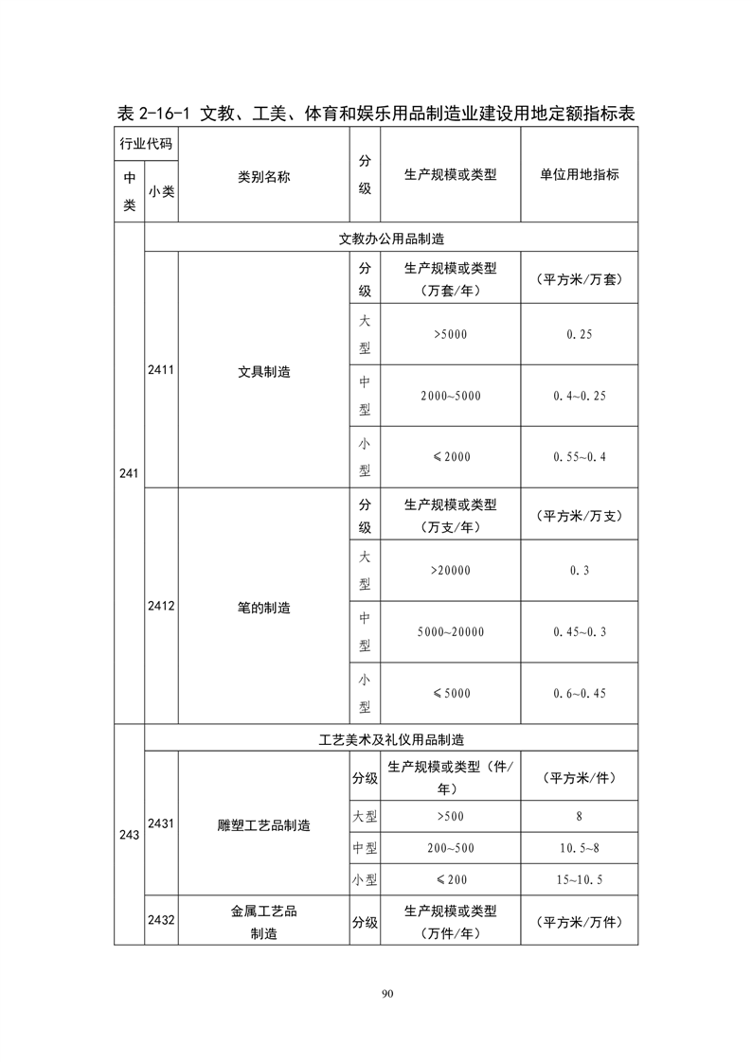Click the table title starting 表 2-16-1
pyautogui.click(x=375, y=114)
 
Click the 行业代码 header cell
pyautogui.click(x=145, y=143)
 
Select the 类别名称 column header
pyautogui.click(x=263, y=175)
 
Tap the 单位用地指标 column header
pyautogui.click(x=579, y=175)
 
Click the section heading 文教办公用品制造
pyautogui.click(x=391, y=239)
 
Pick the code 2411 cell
pyautogui.click(x=160, y=371)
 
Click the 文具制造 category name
pyautogui.click(x=263, y=371)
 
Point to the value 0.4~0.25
pyautogui.click(x=579, y=396)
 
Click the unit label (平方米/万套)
pyautogui.click(x=579, y=280)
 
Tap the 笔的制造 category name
pyautogui.click(x=263, y=608)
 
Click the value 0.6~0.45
pyautogui.click(x=579, y=693)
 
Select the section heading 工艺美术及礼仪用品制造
pyautogui.click(x=391, y=739)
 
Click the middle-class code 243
pyautogui.click(x=129, y=835)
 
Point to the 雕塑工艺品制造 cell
pyautogui.click(x=263, y=825)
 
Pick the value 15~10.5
pyautogui.click(x=579, y=879)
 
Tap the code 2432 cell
pyautogui.click(x=160, y=919)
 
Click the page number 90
pyautogui.click(x=386, y=993)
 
